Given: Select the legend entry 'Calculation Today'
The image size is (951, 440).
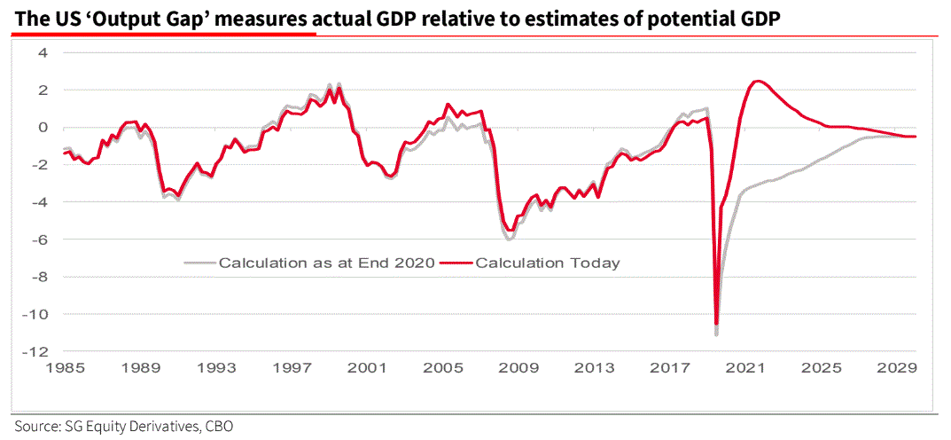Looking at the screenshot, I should pos(547,263).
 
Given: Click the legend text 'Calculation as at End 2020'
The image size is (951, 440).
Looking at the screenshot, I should pos(326,263).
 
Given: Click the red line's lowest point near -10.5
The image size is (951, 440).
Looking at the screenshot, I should pos(716,324).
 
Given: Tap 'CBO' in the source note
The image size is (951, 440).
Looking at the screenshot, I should pos(218,426).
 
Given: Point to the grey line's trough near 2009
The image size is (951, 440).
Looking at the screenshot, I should pos(509,239).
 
